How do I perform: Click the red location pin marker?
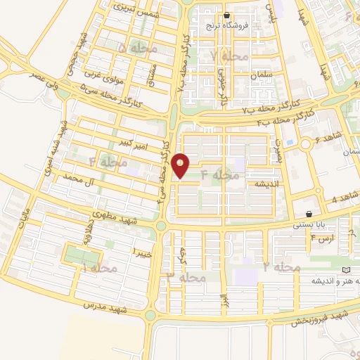[181, 165]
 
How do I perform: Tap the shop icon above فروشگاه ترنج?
[226, 15]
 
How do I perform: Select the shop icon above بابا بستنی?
[308, 214]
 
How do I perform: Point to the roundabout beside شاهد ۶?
[307, 143]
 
